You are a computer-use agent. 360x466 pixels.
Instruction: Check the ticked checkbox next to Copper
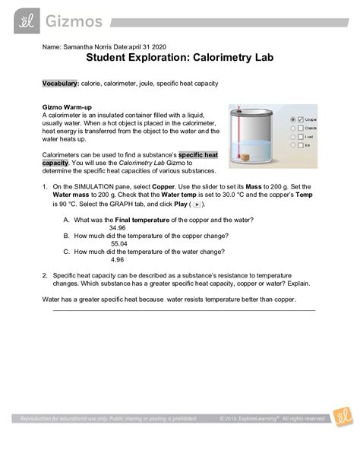click(x=300, y=119)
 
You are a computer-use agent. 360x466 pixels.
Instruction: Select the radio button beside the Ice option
click(x=292, y=146)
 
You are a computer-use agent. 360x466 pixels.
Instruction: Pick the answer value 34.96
click(x=118, y=227)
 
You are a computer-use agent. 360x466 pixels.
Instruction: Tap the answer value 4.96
click(x=118, y=259)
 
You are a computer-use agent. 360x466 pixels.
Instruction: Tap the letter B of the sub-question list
click(x=67, y=236)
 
